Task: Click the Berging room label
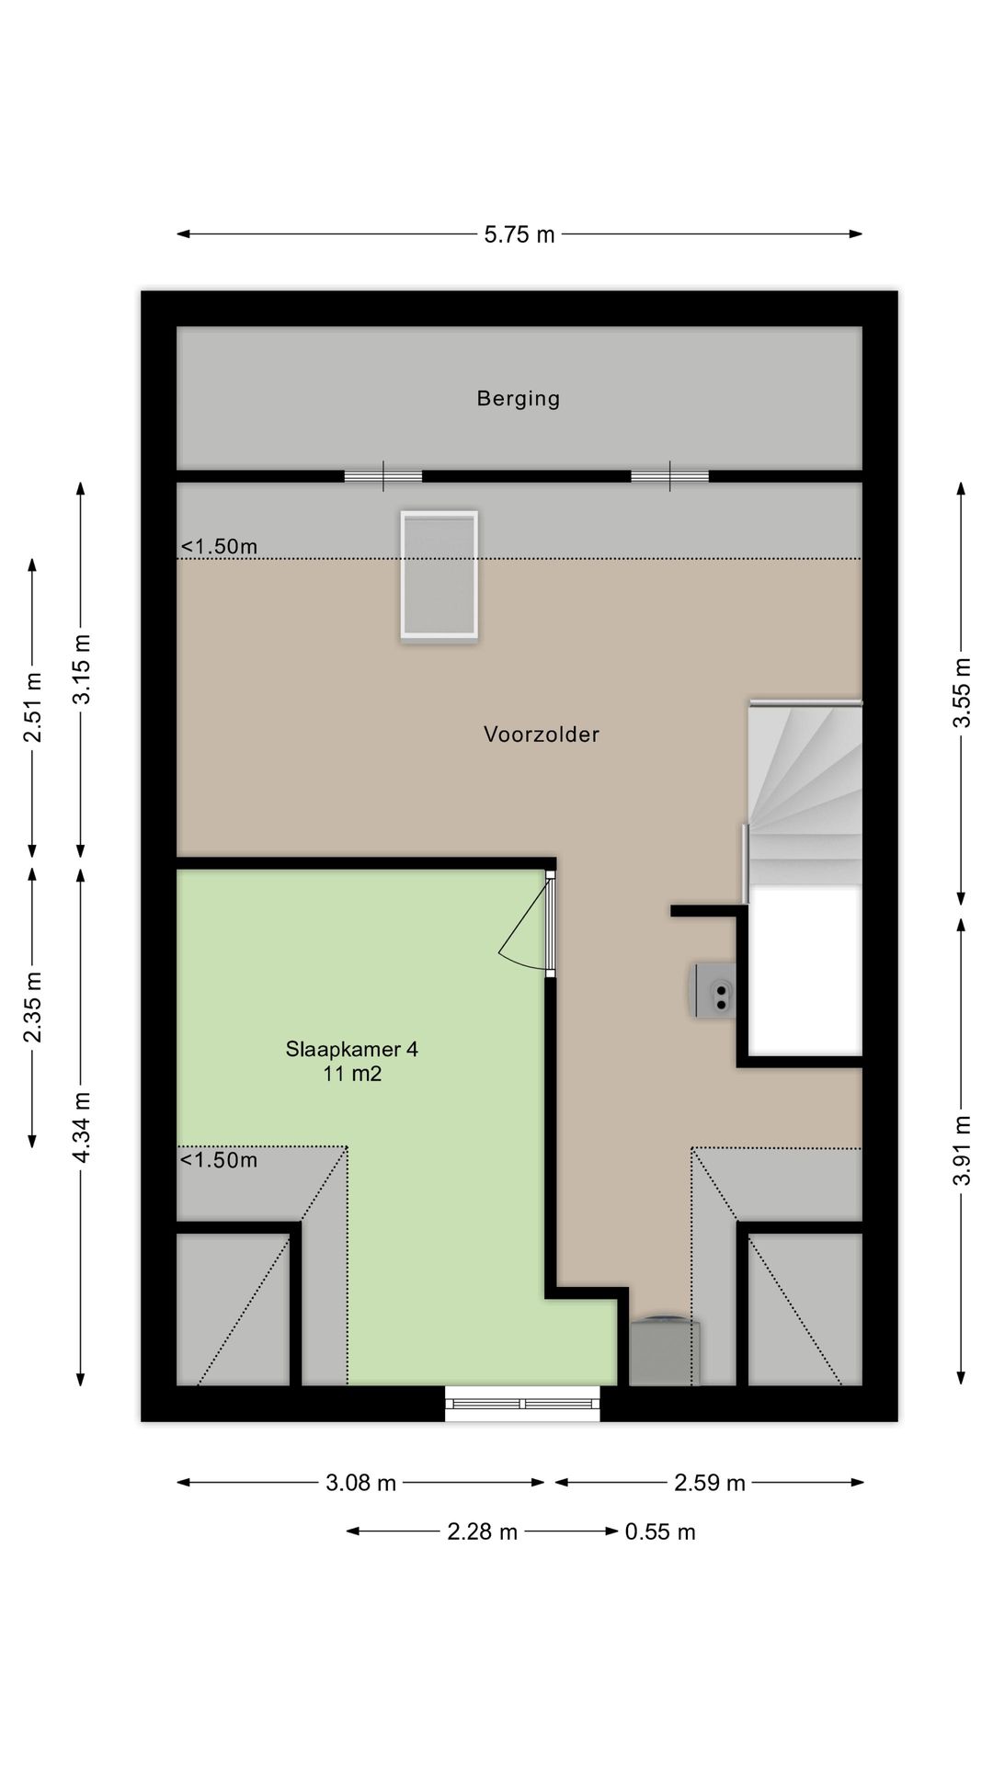[518, 398]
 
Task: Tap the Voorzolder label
[542, 734]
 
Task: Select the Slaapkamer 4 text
[352, 1049]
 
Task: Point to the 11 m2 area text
[352, 1074]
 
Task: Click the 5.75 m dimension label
[519, 234]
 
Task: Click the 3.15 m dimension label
[82, 669]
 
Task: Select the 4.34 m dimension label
[82, 1127]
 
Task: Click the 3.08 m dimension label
[360, 1482]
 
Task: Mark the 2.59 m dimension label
[709, 1482]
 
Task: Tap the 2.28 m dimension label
[482, 1532]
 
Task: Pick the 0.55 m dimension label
[660, 1532]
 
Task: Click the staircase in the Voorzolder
[804, 792]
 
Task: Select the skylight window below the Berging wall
[439, 575]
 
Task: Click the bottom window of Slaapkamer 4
[522, 1403]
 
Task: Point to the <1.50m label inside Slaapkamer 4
[218, 1159]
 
